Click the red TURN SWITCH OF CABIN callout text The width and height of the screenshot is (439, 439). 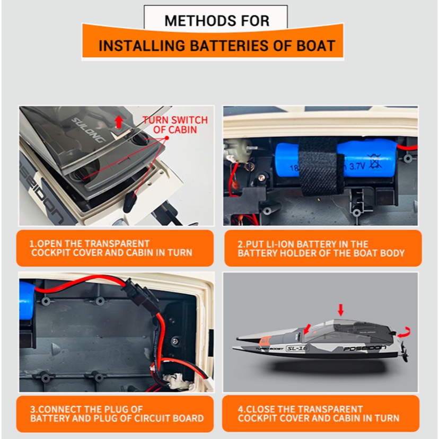[x=175, y=125]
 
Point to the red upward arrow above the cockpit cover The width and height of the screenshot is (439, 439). [x=119, y=122]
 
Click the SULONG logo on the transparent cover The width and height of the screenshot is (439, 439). [x=89, y=130]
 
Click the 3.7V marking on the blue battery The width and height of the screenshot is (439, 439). [x=357, y=167]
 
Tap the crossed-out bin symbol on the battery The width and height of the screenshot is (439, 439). [x=375, y=162]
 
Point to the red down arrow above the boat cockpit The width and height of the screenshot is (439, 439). [x=341, y=310]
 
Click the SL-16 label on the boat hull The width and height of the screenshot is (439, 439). [x=297, y=348]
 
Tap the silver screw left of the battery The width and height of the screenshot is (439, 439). [x=262, y=177]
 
